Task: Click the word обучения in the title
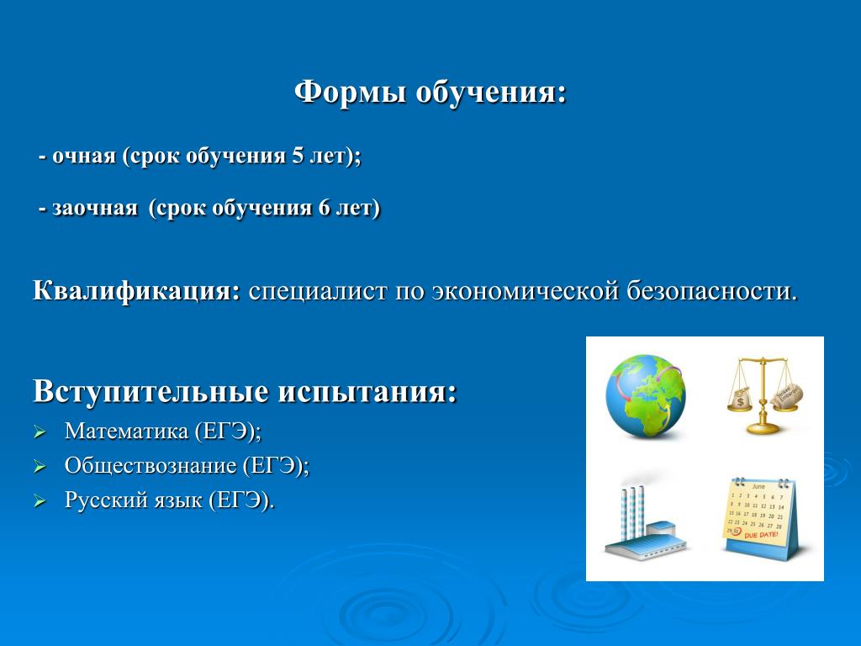(491, 92)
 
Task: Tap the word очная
(84, 156)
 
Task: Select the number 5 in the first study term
(298, 156)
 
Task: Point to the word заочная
(94, 209)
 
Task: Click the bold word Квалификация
(137, 290)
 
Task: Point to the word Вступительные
(151, 391)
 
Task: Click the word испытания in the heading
(367, 391)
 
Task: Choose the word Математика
(126, 432)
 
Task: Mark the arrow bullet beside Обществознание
(40, 467)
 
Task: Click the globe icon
(646, 395)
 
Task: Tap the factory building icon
(645, 522)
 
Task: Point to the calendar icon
(760, 518)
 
